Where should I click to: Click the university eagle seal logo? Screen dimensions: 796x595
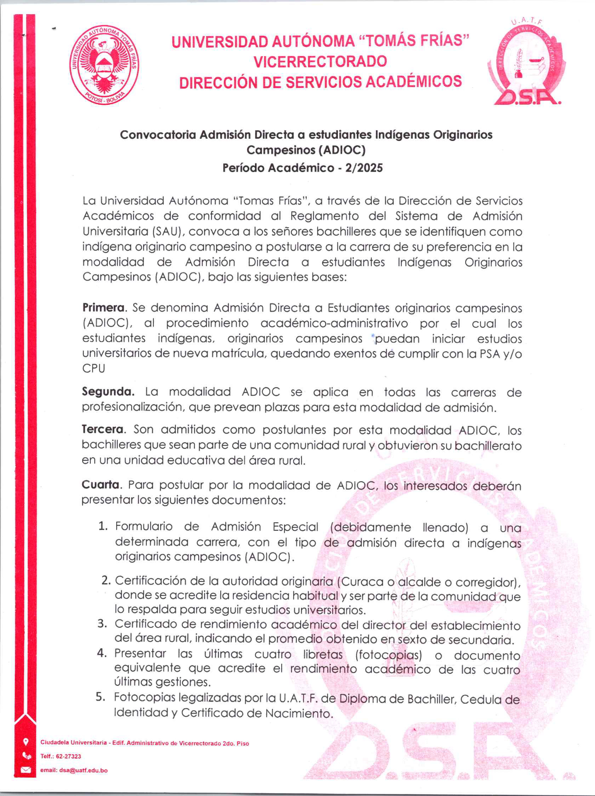point(105,65)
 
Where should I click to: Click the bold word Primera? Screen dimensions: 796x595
point(104,308)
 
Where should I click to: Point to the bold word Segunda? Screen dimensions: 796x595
point(108,392)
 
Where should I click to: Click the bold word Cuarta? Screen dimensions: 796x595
point(101,485)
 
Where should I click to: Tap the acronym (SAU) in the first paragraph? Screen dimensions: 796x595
point(167,231)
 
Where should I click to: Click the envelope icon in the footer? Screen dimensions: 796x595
point(25,770)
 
